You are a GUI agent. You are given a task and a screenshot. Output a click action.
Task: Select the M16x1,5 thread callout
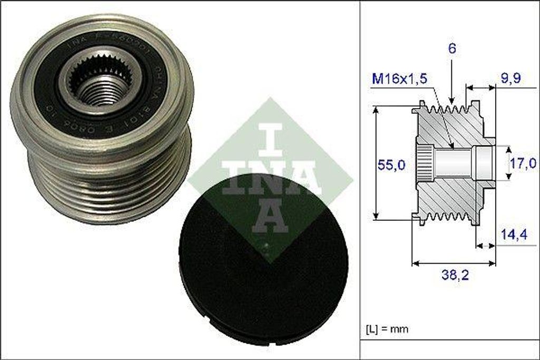point(399,79)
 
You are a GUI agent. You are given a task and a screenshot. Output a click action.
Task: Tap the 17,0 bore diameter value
point(523,163)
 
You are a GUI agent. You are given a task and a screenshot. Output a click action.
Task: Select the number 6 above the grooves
point(452,48)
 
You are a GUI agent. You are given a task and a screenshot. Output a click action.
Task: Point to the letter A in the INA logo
point(269,216)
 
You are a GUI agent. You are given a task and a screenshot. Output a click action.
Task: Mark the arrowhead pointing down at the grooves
point(452,99)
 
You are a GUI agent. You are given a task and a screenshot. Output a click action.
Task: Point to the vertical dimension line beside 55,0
point(376,163)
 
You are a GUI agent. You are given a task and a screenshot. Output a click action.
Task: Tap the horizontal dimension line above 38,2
point(454,262)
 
